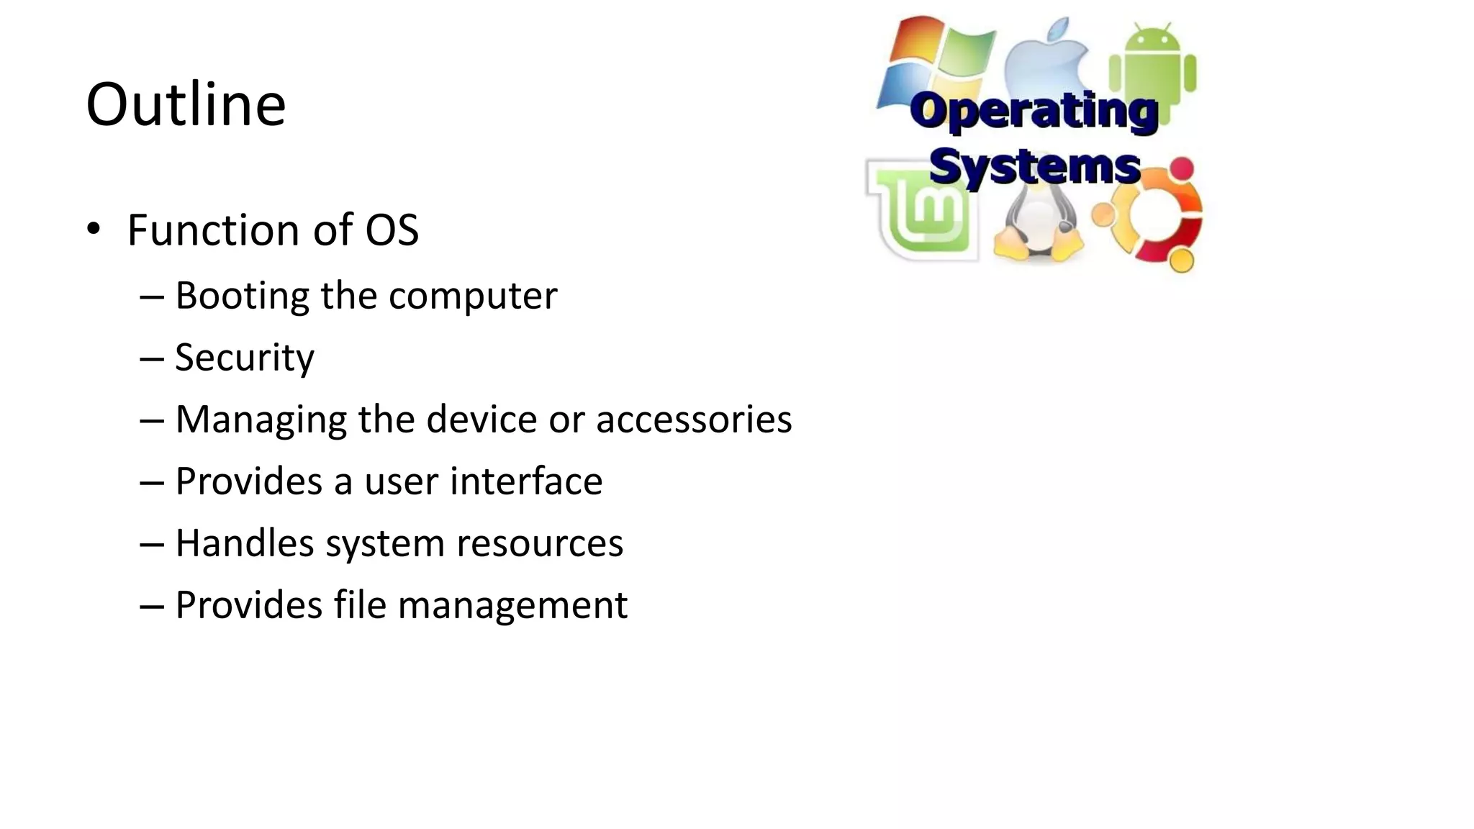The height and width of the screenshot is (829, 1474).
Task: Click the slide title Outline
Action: pos(186,105)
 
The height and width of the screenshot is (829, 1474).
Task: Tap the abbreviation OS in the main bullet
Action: pos(392,230)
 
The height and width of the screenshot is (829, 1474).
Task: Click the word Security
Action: pos(245,358)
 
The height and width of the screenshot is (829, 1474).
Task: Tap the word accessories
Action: pos(694,420)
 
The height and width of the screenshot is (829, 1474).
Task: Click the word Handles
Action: pos(245,543)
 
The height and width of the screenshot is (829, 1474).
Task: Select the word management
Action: pos(512,605)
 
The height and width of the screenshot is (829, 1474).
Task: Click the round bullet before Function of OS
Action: pos(93,230)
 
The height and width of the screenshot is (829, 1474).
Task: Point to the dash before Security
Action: pos(152,358)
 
